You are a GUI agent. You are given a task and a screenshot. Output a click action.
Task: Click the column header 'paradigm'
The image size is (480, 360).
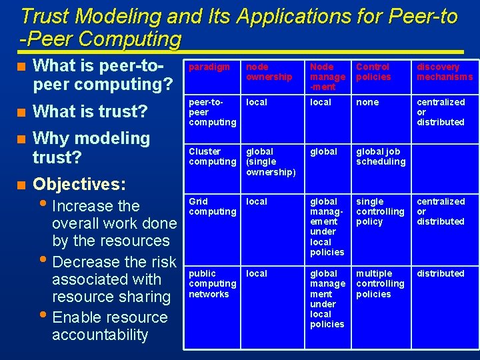[x=209, y=67]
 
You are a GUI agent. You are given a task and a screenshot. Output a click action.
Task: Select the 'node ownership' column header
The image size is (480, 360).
[x=269, y=72]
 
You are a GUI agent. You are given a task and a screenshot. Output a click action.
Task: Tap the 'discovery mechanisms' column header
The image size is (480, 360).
[x=444, y=72]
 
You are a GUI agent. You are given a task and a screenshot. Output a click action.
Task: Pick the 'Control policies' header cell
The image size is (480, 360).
[x=373, y=72]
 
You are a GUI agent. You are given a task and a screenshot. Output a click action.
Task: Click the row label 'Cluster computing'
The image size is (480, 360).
[x=212, y=157]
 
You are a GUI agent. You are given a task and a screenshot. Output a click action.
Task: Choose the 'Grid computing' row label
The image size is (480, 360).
[x=212, y=206]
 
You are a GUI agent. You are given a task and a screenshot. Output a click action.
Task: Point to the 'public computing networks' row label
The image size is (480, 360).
[x=212, y=283]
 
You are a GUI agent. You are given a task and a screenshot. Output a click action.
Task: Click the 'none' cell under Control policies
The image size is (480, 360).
[x=367, y=102]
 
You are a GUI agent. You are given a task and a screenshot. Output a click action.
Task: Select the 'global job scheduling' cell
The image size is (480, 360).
[x=380, y=157]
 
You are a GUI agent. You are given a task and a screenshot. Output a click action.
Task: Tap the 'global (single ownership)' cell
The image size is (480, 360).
[x=271, y=162]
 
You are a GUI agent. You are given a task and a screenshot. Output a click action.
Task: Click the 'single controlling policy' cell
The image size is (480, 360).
[x=380, y=211]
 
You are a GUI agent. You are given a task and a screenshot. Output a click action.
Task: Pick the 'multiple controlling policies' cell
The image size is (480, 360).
[x=380, y=283]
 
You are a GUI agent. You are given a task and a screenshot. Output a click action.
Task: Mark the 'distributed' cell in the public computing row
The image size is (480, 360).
[x=440, y=273]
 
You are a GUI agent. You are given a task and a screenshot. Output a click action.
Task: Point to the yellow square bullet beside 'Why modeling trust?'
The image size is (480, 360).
[x=22, y=139]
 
